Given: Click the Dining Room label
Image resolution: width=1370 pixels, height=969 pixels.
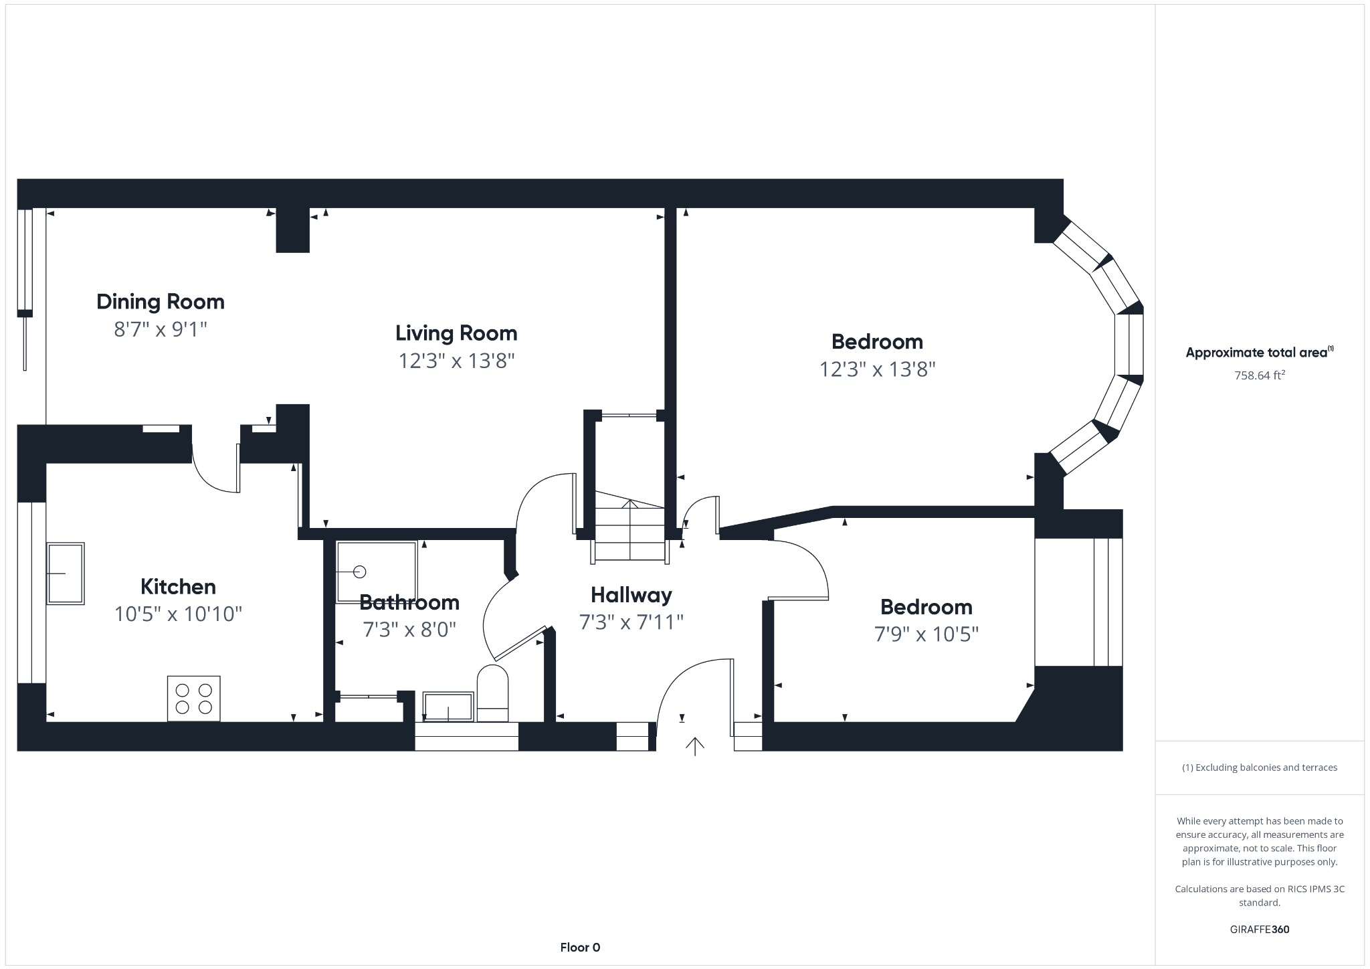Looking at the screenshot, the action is pos(161,302).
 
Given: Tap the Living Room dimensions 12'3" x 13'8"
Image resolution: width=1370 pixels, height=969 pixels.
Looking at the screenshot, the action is pos(456,361).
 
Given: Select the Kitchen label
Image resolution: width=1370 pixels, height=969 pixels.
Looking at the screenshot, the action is pos(178,587).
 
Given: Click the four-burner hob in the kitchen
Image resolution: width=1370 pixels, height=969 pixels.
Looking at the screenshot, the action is pos(193,698).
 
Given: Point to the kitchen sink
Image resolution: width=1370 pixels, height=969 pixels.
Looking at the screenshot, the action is pos(66,574).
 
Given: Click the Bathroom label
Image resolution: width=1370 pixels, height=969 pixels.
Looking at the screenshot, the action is pos(409,602).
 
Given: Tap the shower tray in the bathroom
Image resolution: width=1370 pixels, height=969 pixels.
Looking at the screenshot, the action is pos(377,571).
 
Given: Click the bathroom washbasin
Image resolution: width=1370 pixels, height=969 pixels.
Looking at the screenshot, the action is pos(448,707).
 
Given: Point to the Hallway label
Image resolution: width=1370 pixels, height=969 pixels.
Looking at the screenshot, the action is pos(631,595).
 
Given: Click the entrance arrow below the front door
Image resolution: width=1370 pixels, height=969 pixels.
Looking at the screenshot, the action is pos(695,745).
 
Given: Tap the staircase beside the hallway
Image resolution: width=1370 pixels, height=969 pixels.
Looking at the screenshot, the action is pos(629,529).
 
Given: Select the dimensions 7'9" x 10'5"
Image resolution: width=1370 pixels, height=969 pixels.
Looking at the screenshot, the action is pos(926,634).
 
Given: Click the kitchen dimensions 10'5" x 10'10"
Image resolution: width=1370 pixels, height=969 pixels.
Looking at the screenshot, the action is pos(178,614).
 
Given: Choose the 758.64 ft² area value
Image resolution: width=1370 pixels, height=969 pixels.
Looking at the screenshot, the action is pos(1260,375).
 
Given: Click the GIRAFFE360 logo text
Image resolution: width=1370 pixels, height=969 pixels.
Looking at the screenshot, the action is pos(1259,930).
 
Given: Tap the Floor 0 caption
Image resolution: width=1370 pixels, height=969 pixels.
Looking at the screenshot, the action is pos(580,947).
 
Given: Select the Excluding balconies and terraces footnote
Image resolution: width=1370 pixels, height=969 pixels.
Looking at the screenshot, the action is pos(1259,768).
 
